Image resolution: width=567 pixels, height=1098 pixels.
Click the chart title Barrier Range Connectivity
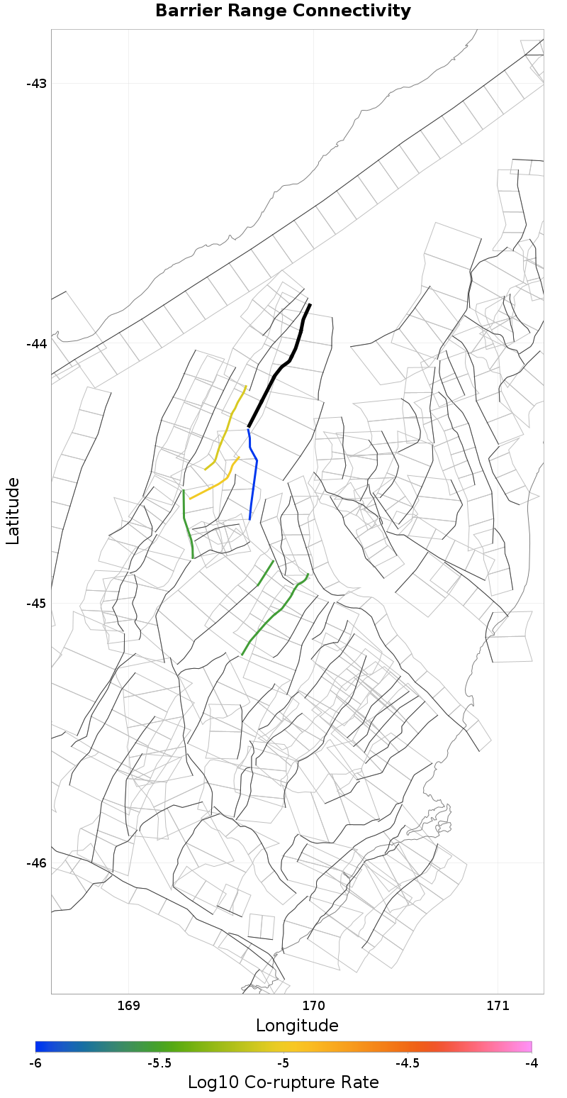[283, 11]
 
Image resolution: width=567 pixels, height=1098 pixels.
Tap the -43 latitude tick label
[36, 84]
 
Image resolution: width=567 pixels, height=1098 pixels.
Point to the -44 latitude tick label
[36, 344]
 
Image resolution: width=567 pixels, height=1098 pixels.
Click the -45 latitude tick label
[36, 604]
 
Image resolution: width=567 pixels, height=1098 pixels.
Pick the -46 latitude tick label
[36, 863]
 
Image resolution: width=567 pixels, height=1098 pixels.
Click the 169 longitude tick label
[128, 1006]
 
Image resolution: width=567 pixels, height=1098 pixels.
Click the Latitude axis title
[13, 511]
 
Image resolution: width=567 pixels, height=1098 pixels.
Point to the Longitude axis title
[297, 1026]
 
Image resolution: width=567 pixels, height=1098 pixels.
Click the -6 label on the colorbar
[35, 1063]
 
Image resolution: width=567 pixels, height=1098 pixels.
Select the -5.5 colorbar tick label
[159, 1063]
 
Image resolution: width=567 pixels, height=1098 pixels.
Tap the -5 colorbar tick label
[283, 1063]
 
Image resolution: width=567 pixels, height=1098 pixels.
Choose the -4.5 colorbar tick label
[407, 1063]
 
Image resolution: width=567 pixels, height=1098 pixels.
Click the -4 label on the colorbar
[532, 1063]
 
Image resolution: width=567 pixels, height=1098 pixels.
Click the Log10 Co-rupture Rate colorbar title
[283, 1082]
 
